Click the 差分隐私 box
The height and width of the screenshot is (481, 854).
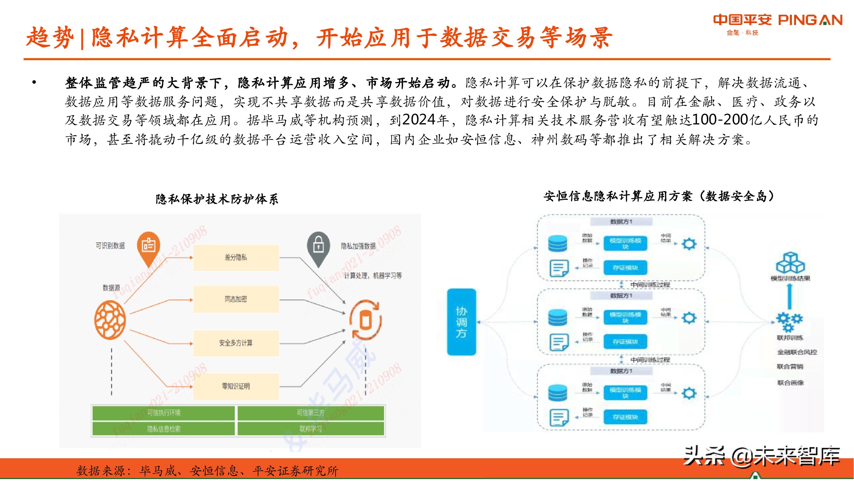click(236, 257)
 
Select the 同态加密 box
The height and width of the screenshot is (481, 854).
click(236, 300)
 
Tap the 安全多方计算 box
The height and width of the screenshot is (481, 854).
click(236, 343)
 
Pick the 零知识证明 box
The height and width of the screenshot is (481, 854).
click(236, 386)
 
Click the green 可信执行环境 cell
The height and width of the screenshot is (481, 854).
click(163, 413)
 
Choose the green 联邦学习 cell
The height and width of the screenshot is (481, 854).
click(311, 429)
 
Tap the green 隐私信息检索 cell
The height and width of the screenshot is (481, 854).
click(163, 429)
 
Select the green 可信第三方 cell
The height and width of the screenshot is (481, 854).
click(311, 413)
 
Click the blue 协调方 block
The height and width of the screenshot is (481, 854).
click(461, 322)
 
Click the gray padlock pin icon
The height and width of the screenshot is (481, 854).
click(318, 247)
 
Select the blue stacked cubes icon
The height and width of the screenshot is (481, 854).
click(790, 263)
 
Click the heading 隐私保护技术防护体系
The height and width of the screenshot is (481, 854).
click(217, 199)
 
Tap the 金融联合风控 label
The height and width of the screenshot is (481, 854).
click(797, 352)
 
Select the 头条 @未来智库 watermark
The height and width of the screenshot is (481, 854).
click(762, 457)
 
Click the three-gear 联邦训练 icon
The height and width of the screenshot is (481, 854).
click(789, 321)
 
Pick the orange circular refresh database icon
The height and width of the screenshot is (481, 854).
click(365, 320)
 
